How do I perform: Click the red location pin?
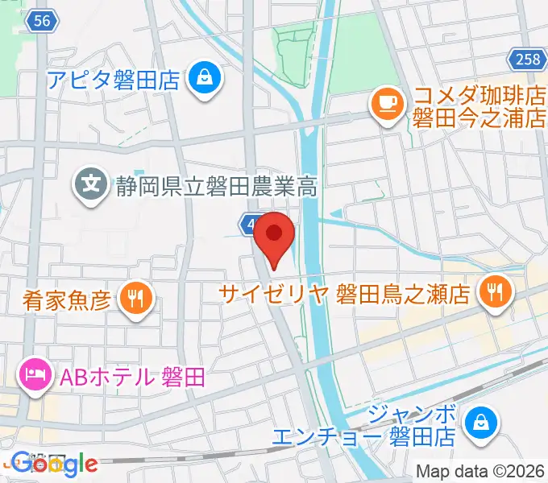point(274,235)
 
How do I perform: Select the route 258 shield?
point(525,58)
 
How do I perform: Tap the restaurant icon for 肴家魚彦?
point(134,299)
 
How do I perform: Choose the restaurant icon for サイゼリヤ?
point(492,291)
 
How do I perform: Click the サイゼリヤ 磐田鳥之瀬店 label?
point(347,292)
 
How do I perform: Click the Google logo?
point(54,464)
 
